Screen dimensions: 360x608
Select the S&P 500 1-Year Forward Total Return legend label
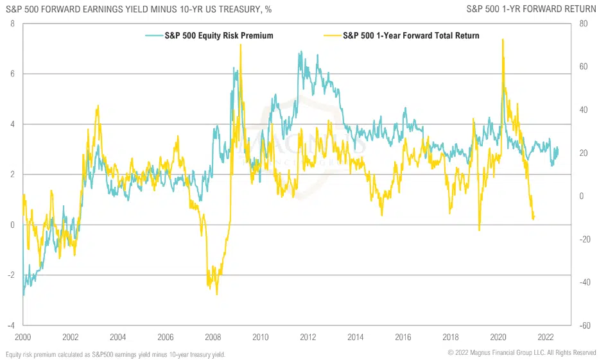[x=411, y=36]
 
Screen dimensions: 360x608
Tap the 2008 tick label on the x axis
[x=213, y=337]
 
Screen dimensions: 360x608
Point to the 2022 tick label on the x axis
[x=546, y=337]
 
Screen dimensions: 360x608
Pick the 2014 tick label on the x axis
[x=356, y=337]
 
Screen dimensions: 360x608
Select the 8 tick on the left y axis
[x=12, y=24]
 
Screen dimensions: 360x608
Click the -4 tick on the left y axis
[x=10, y=325]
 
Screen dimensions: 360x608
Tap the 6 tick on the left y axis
[x=12, y=74]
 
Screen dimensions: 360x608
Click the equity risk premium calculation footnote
[x=116, y=354]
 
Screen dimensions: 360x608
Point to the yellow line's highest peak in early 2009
[x=240, y=45]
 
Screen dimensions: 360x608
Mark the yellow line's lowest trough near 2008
[x=217, y=294]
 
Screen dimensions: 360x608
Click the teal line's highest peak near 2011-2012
[x=299, y=53]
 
